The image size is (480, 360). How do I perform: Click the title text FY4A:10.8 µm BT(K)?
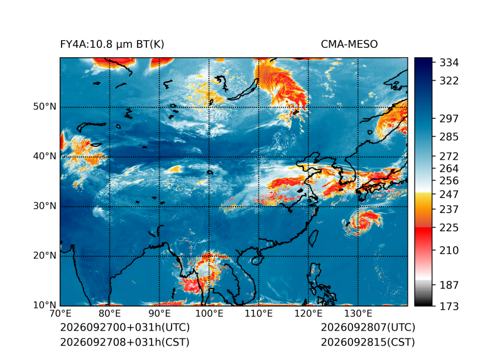112,45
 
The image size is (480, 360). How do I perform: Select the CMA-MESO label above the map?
349,45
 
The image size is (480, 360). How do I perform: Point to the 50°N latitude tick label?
45,107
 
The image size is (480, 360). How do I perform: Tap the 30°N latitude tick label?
45,206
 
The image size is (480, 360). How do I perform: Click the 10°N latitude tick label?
45,305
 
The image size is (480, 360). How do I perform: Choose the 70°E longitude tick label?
60,314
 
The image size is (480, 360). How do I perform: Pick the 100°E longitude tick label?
209,314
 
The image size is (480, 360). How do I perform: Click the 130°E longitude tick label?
358,314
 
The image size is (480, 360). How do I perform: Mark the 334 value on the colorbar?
449,63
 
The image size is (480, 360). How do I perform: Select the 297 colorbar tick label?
449,119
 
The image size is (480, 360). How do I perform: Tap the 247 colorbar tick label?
449,194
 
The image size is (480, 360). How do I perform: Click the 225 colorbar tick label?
449,228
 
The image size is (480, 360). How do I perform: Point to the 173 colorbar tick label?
449,306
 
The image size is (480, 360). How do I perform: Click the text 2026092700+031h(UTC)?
125,327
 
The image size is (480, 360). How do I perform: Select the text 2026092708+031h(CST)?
124,342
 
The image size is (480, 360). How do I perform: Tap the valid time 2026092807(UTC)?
368,327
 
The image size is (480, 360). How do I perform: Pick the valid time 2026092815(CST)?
368,342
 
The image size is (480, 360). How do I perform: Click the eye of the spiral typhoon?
363,222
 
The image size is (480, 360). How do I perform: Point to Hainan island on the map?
256,261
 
